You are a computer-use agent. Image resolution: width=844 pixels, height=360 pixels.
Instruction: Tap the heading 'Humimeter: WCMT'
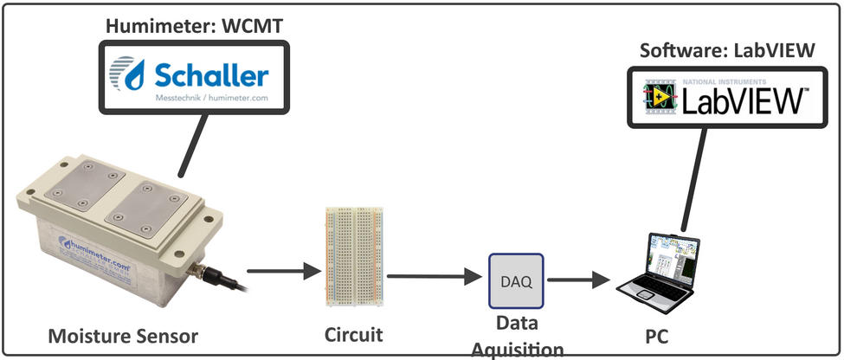(x=194, y=26)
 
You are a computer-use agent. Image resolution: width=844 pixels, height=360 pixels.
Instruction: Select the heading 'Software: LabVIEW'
(x=727, y=50)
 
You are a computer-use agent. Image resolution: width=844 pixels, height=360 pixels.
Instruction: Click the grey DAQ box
(x=516, y=281)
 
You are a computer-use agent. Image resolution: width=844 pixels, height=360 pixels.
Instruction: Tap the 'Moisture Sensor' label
(x=123, y=335)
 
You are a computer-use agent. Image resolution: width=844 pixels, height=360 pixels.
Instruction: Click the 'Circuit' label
(x=354, y=333)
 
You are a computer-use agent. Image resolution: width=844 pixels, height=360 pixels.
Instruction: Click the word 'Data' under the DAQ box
(x=516, y=324)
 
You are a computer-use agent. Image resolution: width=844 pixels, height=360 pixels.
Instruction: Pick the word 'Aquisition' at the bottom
(x=517, y=349)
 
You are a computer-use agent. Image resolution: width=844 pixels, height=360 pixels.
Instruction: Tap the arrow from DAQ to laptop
(x=579, y=280)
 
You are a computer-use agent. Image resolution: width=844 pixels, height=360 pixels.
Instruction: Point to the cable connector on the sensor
(x=208, y=275)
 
